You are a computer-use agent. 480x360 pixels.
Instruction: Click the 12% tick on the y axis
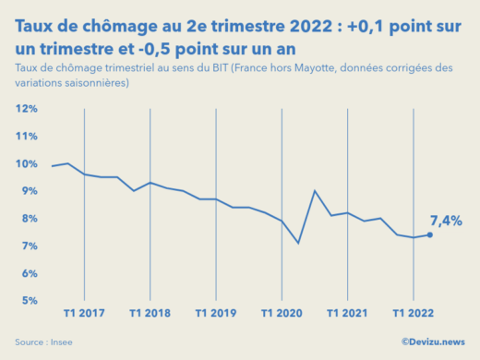pos(26,109)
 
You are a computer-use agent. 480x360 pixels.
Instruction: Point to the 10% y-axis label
pos(26,164)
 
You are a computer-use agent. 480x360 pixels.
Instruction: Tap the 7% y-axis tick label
pos(28,246)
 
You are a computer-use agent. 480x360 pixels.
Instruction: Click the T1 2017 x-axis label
pos(84,313)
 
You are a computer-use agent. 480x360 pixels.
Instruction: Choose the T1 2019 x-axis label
pos(216,313)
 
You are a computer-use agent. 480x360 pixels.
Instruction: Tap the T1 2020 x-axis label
pos(282,313)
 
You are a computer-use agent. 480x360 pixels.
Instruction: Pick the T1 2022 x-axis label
pos(414,313)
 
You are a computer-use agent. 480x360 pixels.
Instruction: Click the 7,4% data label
pos(446,221)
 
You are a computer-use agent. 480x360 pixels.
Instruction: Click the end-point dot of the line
pos(429,234)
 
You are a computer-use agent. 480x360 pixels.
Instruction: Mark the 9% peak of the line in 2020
pos(315,191)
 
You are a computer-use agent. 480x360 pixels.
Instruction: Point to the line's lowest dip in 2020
pos(298,243)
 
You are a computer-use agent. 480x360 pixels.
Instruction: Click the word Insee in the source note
pos(61,342)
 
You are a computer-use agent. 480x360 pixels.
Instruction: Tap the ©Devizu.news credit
pos(434,342)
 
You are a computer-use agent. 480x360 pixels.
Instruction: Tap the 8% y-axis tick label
pos(28,219)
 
